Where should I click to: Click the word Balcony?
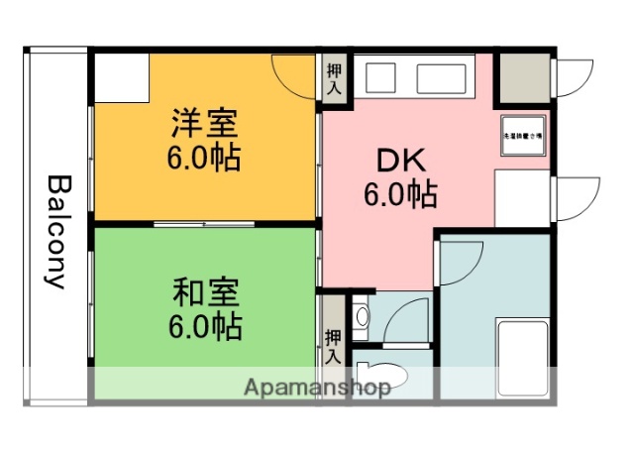[x=57, y=232]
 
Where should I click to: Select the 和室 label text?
[x=206, y=294]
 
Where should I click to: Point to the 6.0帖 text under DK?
[x=399, y=194]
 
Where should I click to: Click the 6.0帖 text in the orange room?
[x=205, y=159]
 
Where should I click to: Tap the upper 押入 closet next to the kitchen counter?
[x=334, y=77]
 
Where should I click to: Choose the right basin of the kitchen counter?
[x=441, y=77]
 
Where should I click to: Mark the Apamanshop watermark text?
[x=316, y=387]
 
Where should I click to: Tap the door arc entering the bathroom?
[x=461, y=260]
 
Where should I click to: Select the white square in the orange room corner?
[x=121, y=76]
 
